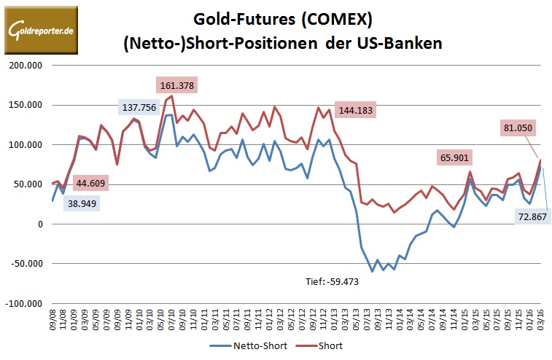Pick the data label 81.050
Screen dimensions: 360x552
pos(519,127)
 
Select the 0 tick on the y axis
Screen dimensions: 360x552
pos(40,224)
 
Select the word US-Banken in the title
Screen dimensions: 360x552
pos(403,43)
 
